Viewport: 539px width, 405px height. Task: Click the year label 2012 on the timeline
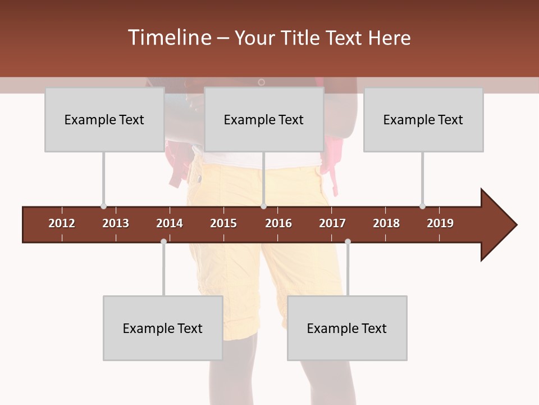coord(62,223)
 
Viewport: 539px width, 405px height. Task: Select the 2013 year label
coord(116,223)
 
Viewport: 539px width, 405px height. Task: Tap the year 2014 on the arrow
coord(170,223)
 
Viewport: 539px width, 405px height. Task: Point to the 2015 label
coord(223,223)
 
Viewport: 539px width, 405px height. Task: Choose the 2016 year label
coord(278,223)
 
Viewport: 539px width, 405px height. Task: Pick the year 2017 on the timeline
coord(332,223)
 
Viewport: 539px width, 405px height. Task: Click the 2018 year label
coord(386,223)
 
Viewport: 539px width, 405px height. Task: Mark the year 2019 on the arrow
coord(440,223)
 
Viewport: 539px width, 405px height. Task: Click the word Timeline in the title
coord(169,38)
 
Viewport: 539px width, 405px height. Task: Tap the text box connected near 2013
coord(104,120)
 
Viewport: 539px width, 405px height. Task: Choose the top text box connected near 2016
coord(264,120)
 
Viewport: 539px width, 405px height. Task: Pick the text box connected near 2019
coord(423,120)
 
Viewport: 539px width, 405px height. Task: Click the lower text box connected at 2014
coord(163,328)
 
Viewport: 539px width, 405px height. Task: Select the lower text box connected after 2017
coord(347,328)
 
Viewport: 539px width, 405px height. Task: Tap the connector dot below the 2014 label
coord(163,241)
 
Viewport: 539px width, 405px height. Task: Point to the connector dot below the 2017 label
coord(348,241)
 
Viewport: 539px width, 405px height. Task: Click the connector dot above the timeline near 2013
coord(103,206)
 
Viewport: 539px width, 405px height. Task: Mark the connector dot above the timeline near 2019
coord(422,206)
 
